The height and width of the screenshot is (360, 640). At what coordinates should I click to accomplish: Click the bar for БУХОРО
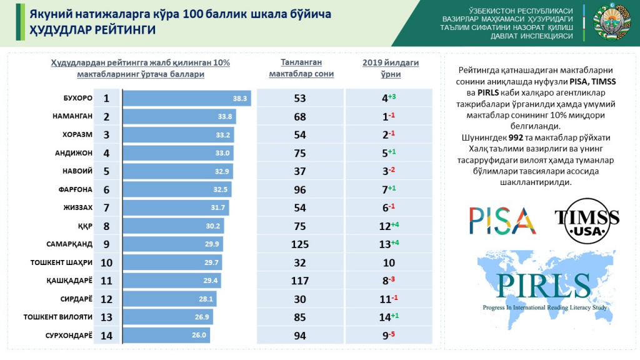[x=186, y=98]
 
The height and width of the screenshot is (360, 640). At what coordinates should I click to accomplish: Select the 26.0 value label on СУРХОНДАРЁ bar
[x=199, y=335]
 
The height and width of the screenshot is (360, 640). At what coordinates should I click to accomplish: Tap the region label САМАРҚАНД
[x=69, y=244]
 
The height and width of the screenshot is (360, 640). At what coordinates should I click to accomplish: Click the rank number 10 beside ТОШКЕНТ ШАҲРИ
[x=106, y=262]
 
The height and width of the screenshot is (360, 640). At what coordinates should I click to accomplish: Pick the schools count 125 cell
[x=301, y=244]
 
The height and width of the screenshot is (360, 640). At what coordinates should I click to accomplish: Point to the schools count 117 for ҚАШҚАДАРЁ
[x=301, y=281]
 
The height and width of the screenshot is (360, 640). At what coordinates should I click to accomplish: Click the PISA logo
[x=502, y=220]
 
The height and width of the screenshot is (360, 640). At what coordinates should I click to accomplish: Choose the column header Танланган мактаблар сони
[x=301, y=68]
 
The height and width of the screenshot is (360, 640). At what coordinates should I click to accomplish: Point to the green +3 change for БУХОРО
[x=392, y=96]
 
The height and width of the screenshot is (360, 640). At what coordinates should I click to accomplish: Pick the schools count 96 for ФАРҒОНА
[x=301, y=189]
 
